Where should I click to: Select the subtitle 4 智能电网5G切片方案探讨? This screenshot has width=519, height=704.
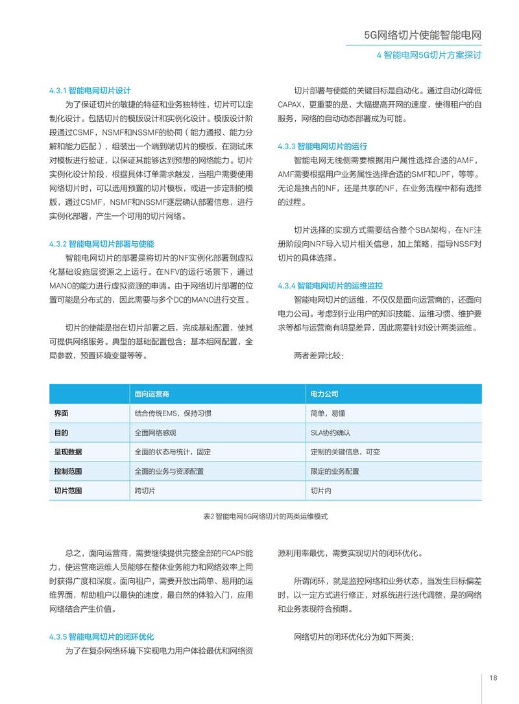(429, 56)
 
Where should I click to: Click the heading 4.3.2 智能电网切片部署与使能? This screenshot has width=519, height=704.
(101, 244)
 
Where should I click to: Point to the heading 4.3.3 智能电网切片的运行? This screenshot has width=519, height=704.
(322, 146)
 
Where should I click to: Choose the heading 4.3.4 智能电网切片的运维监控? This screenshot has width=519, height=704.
(330, 286)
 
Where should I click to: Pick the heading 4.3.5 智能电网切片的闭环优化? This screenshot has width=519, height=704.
(101, 637)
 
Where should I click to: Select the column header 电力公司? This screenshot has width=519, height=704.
(324, 393)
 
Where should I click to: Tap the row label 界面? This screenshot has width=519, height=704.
(61, 413)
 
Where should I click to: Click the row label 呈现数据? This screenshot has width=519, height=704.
(68, 452)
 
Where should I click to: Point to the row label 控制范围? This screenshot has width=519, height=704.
(68, 471)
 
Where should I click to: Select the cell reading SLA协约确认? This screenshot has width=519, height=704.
(330, 432)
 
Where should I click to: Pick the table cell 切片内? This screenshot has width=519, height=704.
(321, 491)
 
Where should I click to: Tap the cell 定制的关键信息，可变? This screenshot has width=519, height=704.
(345, 452)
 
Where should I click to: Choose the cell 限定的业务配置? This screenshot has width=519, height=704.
(335, 471)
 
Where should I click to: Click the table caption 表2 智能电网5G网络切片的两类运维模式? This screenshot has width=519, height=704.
(265, 516)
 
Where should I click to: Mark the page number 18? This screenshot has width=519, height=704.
(494, 678)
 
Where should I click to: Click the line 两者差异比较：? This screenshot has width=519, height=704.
(318, 356)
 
